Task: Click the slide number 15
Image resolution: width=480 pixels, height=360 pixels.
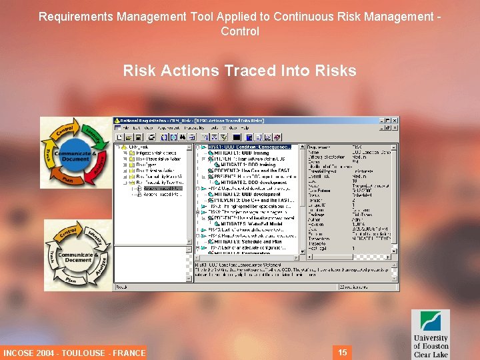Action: (x=343, y=352)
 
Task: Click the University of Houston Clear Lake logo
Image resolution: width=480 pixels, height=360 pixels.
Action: (x=430, y=334)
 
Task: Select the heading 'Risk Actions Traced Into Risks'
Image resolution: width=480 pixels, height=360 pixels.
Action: (x=239, y=71)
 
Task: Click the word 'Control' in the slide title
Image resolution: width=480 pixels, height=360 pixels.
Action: (x=239, y=31)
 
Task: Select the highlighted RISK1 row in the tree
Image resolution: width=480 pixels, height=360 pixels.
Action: (x=249, y=147)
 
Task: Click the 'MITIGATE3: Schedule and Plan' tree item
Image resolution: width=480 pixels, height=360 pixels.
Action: (x=253, y=242)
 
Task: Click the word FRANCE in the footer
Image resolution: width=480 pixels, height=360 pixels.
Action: (x=129, y=353)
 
